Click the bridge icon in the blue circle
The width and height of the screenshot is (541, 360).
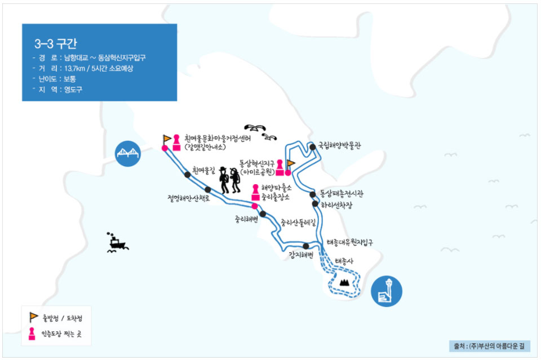click(x=128, y=153)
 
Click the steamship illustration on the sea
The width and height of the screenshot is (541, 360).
click(x=117, y=242)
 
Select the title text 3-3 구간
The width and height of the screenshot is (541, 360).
click(x=56, y=43)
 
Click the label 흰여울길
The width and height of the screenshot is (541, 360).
click(x=203, y=170)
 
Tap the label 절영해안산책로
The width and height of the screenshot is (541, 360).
click(x=188, y=198)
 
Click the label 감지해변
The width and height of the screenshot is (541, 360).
click(x=300, y=255)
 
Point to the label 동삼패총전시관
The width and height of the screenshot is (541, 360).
click(x=342, y=194)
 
